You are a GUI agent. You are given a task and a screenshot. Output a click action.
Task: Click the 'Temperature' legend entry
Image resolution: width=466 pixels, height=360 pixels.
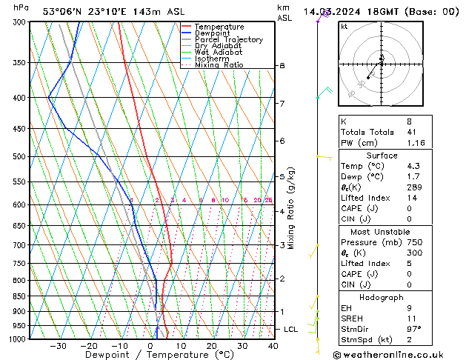pos(220,27)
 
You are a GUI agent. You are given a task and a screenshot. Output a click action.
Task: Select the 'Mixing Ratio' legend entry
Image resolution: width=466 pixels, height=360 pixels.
pos(219,65)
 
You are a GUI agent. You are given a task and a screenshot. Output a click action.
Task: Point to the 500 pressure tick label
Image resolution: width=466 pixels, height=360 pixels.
pos(19,157)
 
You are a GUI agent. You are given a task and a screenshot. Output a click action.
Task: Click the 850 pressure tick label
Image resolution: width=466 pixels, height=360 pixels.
pos(19,296)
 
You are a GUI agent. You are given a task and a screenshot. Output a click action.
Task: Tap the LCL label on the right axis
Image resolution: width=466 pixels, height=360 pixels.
pos(291,329)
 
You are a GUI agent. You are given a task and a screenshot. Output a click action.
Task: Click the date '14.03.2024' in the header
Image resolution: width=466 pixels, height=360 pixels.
pos(334,11)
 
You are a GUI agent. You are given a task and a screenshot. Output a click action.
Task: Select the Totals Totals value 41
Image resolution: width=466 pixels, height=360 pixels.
pos(411,131)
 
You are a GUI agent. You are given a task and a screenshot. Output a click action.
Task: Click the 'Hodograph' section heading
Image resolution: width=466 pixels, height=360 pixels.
pos(381,297)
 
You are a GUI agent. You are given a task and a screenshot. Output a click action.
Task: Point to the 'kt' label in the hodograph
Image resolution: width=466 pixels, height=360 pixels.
pos(344,26)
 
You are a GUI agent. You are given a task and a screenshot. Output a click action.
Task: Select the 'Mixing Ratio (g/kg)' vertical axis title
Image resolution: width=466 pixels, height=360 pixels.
pos(291,208)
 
